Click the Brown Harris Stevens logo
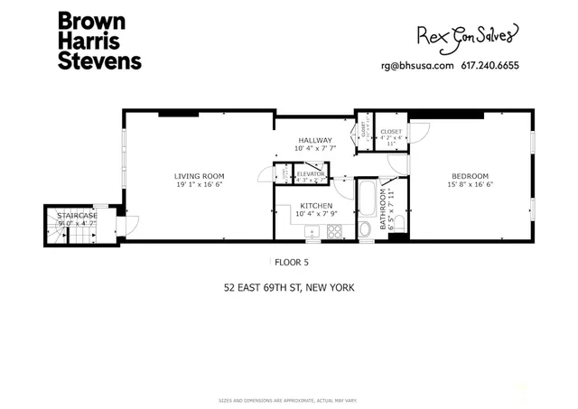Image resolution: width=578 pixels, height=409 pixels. [98, 41]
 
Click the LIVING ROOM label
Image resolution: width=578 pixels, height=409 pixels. [200, 175]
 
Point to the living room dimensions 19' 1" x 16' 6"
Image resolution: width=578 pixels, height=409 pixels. [200, 184]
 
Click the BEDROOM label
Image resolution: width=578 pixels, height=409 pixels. [470, 175]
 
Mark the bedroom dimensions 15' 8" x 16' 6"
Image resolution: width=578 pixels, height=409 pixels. [470, 184]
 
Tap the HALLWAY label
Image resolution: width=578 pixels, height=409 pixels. [316, 140]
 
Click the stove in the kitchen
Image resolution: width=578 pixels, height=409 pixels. [333, 231]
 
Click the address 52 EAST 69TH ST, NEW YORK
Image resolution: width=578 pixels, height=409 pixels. [289, 289]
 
